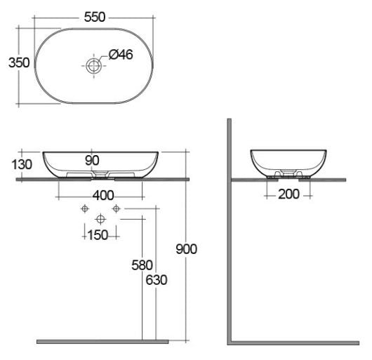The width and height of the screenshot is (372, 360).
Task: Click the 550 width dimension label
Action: (x=95, y=18)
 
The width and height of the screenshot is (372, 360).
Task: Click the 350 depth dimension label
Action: (x=18, y=62)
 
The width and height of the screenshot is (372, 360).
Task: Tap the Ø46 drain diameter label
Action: (x=120, y=55)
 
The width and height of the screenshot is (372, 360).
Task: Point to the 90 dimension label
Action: (x=92, y=159)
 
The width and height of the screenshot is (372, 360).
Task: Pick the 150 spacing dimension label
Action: (x=99, y=234)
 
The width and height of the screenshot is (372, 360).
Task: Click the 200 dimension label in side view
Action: (x=288, y=194)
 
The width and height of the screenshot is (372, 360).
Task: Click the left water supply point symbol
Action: (x=84, y=208)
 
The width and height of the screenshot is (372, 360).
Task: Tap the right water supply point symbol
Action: (x=117, y=208)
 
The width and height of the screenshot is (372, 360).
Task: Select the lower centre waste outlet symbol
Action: (x=100, y=218)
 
